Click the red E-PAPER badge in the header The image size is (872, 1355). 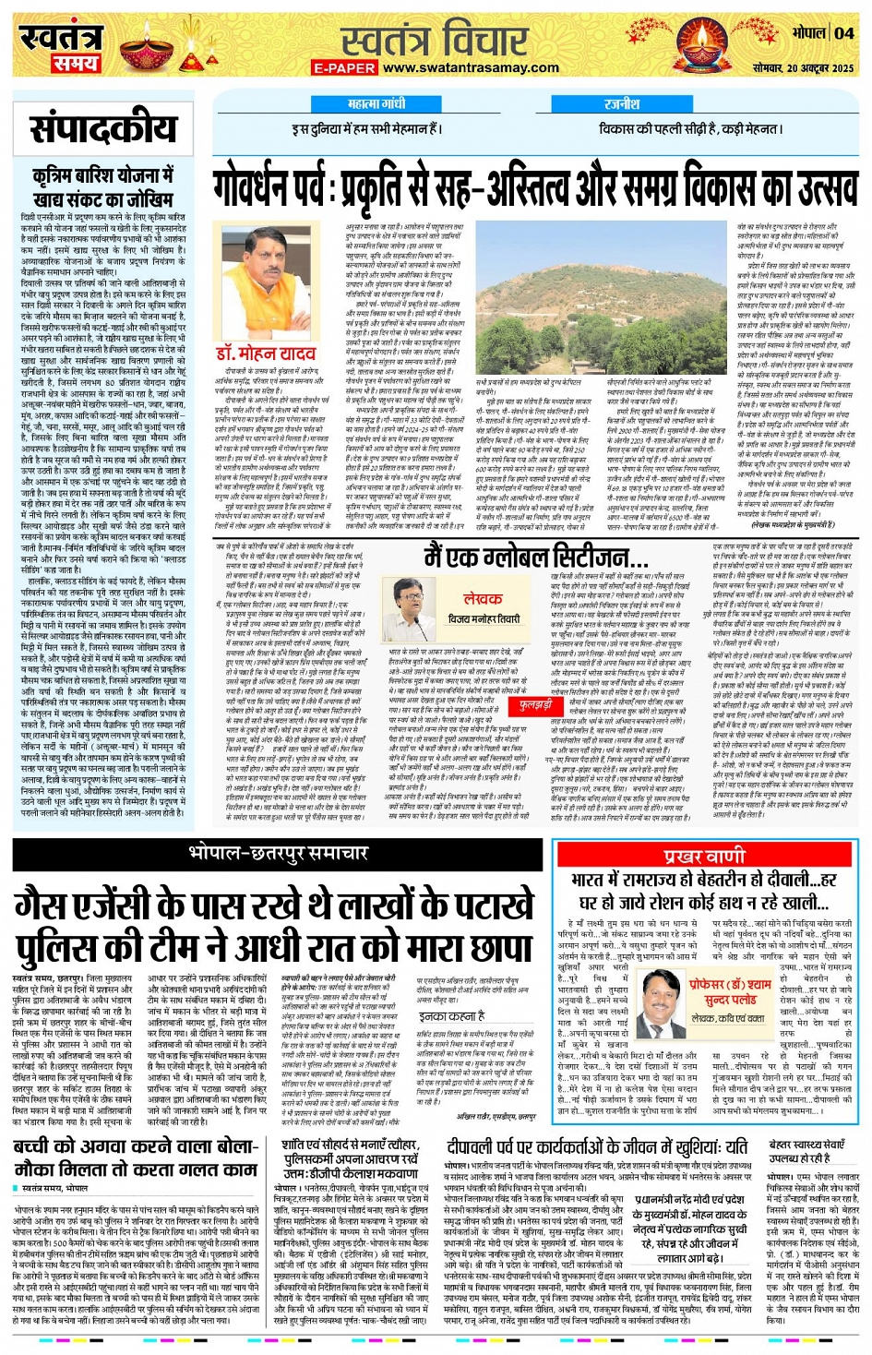click(x=344, y=68)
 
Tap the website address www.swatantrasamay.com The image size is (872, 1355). click(x=471, y=67)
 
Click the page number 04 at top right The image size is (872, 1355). click(x=844, y=33)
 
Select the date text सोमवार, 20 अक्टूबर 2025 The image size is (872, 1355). click(x=804, y=68)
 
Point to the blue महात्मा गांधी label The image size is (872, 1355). click(x=376, y=105)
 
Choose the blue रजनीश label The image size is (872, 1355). click(x=622, y=105)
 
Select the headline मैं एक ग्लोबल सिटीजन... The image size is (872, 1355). click(x=535, y=558)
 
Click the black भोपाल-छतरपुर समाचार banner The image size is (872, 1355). click(x=278, y=849)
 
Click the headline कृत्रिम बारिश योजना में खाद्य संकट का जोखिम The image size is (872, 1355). click(x=102, y=186)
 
